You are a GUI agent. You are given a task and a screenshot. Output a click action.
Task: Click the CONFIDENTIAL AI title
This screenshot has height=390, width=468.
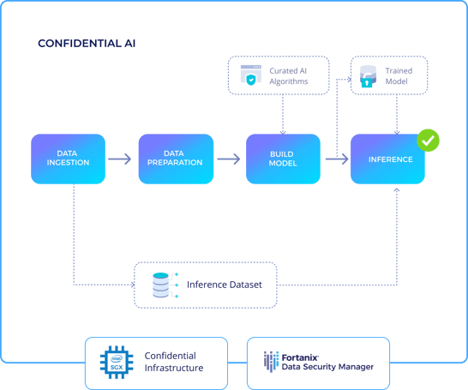[87, 44]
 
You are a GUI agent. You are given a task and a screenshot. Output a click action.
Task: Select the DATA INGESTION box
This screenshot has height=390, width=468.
[68, 159]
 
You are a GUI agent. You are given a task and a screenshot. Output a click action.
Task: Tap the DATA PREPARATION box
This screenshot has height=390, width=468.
[176, 159]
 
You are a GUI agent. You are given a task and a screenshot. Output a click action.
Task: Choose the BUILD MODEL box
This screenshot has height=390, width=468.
[283, 159]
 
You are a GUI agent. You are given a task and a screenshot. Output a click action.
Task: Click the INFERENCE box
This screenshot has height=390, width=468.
[387, 159]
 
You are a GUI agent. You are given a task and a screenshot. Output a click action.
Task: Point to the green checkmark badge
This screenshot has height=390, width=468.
[428, 141]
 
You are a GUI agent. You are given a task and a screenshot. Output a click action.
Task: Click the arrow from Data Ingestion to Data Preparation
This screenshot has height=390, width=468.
[120, 159]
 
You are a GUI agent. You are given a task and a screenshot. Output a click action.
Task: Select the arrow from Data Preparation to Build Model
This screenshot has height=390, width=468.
[229, 159]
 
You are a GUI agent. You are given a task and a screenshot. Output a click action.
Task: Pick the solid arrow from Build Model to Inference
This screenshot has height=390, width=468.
[337, 159]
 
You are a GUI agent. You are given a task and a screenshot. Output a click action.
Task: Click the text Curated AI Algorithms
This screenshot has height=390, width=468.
[289, 76]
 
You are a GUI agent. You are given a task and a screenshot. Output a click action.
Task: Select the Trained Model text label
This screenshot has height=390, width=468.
[399, 76]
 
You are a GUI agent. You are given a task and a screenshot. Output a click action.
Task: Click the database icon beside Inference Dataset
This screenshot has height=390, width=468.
[165, 285]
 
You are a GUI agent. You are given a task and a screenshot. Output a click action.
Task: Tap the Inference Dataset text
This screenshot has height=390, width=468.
[225, 285]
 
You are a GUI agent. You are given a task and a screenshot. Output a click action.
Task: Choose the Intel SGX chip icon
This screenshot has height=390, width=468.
[117, 363]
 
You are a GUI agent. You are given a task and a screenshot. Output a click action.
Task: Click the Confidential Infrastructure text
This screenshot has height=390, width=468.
[174, 362]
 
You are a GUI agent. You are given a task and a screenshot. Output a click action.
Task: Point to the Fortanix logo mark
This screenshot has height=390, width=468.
[271, 362]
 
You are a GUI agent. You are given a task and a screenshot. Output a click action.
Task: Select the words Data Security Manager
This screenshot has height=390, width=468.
[327, 367]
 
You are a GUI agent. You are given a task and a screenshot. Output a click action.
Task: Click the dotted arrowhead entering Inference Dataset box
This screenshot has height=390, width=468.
[133, 285]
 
